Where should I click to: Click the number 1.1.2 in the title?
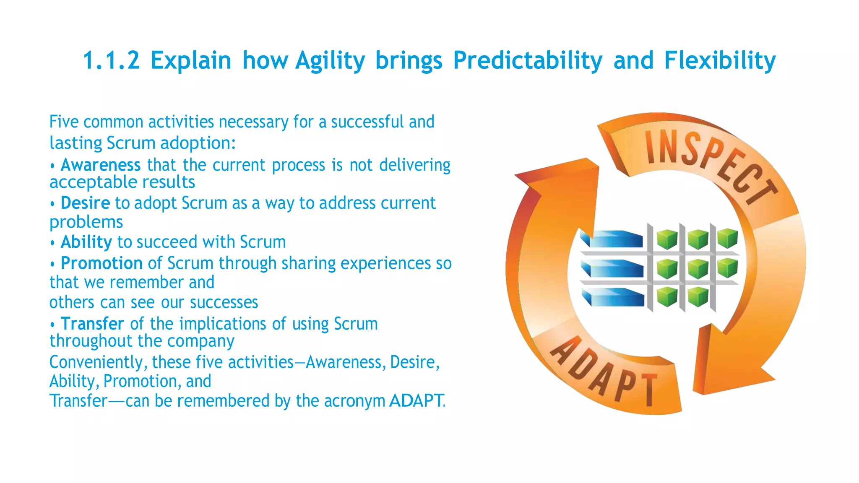[111, 60]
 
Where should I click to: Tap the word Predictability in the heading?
[528, 60]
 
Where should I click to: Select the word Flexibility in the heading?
[720, 60]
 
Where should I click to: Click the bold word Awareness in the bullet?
[101, 165]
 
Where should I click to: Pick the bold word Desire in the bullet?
[85, 203]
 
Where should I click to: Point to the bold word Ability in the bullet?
[86, 242]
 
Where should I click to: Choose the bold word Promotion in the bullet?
[102, 263]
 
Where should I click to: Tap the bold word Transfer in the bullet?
[92, 324]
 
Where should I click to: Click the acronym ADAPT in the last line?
[416, 400]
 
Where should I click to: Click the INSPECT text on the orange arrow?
[709, 166]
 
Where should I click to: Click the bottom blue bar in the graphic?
[613, 297]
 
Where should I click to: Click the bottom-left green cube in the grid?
[666, 297]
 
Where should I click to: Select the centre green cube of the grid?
[698, 268]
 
